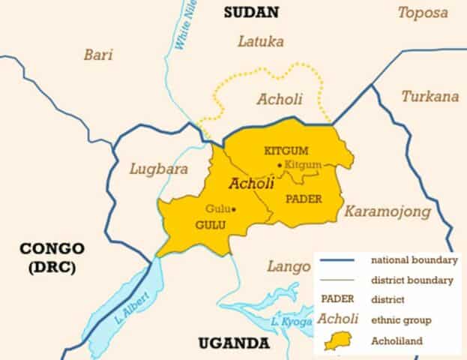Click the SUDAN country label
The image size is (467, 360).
251,12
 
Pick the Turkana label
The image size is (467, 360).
430,96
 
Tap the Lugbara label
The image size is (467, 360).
158,169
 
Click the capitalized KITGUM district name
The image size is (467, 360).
287,150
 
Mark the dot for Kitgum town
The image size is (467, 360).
280,165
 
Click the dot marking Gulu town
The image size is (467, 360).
234,209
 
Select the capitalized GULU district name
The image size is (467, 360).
211,224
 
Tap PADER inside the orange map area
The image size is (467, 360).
304,198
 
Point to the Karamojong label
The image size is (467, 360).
388,212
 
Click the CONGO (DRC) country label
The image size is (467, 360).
52,256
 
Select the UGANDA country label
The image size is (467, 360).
233,343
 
